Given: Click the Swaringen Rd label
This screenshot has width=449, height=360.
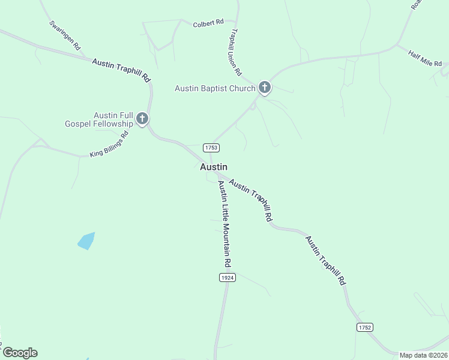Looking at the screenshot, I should (65, 37).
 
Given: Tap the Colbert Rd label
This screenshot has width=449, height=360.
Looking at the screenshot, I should (208, 23).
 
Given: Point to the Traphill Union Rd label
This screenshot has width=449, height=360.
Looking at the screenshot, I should (235, 53).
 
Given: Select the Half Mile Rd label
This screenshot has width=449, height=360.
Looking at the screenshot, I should (425, 59).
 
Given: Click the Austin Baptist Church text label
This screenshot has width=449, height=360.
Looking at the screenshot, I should (215, 89).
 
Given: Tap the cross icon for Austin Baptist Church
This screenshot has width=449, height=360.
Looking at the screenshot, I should (264, 88).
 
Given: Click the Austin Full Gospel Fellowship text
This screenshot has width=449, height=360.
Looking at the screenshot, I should (99, 119).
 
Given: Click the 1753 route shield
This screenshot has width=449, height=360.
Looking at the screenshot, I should (211, 148).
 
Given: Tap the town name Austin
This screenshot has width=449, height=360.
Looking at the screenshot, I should (214, 167).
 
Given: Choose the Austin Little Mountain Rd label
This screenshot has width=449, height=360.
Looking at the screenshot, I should (224, 224).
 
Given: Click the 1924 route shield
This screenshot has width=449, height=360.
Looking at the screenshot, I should (227, 277).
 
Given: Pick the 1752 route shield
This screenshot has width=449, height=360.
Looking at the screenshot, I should (364, 327).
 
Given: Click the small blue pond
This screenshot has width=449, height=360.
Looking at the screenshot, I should (86, 241).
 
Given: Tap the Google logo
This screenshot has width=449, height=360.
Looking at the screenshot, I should (20, 353).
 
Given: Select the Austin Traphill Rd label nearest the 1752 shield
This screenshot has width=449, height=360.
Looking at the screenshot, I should (326, 260).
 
